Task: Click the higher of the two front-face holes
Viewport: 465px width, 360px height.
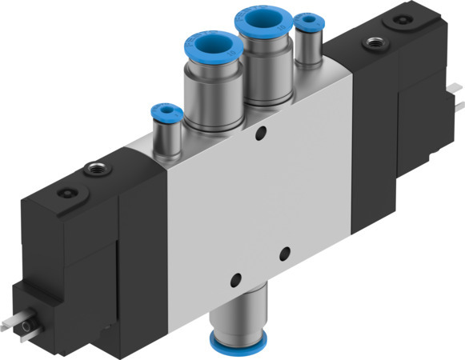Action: click(x=283, y=254)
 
